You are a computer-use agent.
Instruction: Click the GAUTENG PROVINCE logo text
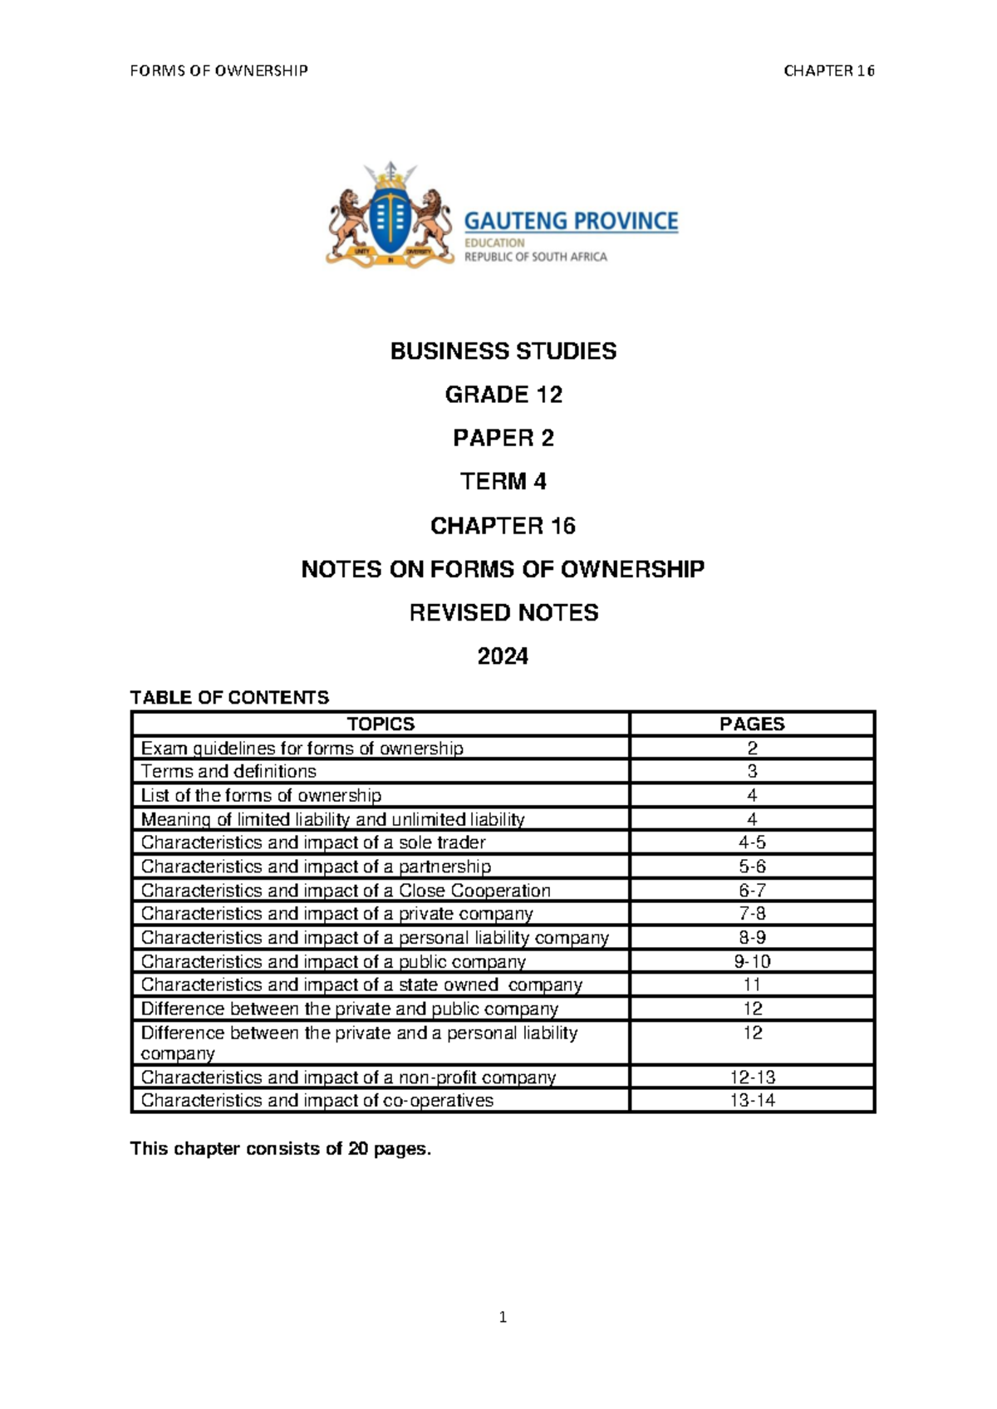point(571,221)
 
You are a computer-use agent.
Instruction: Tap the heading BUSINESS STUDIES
point(503,351)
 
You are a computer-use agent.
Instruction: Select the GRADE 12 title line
point(503,395)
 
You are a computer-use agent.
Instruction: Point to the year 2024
point(503,656)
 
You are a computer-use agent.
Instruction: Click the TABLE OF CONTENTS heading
point(229,697)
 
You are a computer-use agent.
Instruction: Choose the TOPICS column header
point(381,724)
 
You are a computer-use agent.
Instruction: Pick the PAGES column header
point(752,724)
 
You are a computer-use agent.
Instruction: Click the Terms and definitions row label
point(228,771)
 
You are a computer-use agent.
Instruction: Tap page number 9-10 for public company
point(752,961)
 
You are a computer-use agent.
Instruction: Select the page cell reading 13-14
point(752,1100)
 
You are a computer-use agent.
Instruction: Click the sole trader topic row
point(313,842)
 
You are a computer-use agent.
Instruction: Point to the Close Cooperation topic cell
point(346,891)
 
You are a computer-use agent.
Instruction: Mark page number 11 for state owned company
point(752,984)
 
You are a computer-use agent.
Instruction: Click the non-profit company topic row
point(348,1078)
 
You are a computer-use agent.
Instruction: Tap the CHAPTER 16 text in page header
point(828,71)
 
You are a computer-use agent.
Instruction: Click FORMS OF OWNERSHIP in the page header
point(219,71)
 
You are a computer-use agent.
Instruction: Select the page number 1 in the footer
point(503,1317)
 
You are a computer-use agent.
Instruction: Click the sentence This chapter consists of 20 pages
point(281,1149)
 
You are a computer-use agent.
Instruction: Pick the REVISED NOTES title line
point(503,613)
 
